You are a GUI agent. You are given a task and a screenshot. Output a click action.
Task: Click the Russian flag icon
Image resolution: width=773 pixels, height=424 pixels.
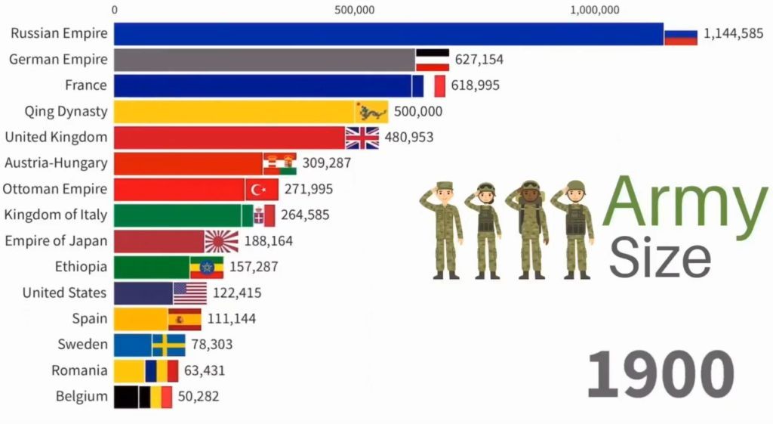click(680, 34)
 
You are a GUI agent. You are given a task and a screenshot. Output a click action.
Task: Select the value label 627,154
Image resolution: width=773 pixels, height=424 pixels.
click(479, 60)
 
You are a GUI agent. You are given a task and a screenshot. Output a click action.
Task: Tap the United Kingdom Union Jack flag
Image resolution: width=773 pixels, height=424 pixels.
click(362, 138)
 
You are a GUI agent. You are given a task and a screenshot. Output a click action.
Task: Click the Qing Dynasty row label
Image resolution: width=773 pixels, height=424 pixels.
click(66, 112)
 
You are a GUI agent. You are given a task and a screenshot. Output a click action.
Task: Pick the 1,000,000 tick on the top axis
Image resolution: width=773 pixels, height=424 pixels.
click(596, 10)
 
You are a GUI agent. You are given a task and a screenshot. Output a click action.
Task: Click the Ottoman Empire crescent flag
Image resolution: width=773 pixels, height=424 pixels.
click(261, 189)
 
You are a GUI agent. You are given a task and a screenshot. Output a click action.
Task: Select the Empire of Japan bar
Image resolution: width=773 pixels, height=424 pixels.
click(159, 241)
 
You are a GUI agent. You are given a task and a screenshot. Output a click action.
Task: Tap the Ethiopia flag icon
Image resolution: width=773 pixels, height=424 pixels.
click(206, 267)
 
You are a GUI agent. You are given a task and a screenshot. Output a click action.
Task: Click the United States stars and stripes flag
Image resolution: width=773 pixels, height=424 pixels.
click(189, 292)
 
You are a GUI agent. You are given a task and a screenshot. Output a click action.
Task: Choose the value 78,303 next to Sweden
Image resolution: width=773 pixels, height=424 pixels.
click(211, 345)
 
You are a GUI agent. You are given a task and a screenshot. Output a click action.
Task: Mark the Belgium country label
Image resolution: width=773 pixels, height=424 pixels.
click(82, 396)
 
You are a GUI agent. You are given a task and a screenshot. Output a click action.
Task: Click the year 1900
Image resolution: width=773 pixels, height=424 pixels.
click(660, 374)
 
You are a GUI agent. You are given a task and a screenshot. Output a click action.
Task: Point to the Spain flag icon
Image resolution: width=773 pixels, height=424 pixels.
click(184, 319)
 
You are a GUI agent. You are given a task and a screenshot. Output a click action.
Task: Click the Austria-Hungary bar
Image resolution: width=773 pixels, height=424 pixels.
click(188, 163)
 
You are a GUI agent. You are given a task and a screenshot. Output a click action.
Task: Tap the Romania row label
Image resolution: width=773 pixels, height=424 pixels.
click(79, 370)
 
